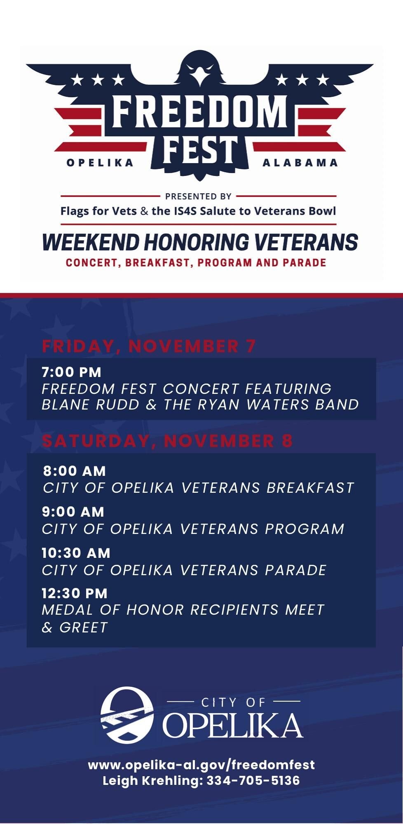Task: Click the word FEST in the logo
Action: coord(200,150)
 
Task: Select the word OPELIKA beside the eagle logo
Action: coord(100,163)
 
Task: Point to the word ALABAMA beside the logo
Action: coord(300,163)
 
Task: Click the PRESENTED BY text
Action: coord(198,197)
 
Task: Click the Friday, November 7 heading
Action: coord(149,346)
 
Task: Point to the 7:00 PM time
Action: coord(71,372)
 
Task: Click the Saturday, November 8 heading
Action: coord(167,441)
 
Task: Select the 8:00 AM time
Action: coord(74,471)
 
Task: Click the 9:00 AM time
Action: coord(73,512)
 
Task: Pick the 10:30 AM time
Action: coord(76,553)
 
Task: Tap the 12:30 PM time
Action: coord(74,593)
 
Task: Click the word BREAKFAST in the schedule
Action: coord(310,488)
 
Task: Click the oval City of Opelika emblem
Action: coord(127,715)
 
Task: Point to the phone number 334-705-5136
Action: coord(253,781)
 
